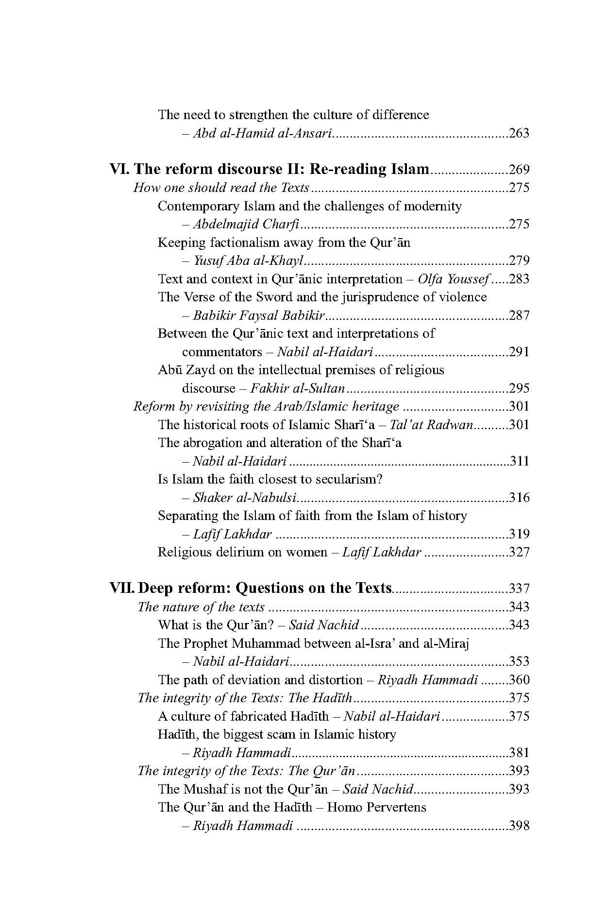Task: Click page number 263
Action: click(x=519, y=133)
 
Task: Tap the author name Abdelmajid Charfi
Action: click(x=246, y=225)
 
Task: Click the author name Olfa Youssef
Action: click(x=455, y=279)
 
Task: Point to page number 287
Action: click(x=519, y=316)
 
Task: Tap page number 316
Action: click(x=519, y=498)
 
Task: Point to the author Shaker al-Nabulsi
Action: click(x=245, y=498)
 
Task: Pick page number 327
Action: click(x=519, y=553)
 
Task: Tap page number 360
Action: click(x=519, y=680)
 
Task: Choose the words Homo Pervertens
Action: click(x=376, y=808)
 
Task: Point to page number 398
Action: click(x=519, y=826)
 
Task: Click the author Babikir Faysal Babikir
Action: click(x=258, y=316)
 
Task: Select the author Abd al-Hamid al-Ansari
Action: click(x=262, y=133)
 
